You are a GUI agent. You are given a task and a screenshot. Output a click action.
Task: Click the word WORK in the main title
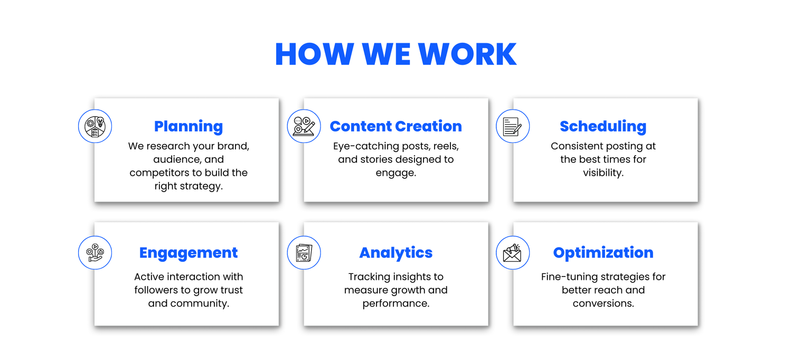467,54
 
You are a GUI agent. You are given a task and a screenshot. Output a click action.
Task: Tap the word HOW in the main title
314,54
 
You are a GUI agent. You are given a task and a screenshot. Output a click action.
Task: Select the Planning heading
188,127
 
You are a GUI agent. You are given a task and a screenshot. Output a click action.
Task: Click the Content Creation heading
395,126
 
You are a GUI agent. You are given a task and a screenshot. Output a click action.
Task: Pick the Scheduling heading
603,127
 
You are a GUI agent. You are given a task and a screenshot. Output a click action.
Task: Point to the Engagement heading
188,253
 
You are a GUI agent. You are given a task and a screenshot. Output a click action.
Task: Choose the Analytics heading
395,253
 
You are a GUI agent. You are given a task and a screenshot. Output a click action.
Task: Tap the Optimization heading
603,253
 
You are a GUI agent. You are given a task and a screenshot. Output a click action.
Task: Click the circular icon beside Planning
95,126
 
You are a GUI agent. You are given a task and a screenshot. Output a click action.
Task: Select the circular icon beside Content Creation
304,126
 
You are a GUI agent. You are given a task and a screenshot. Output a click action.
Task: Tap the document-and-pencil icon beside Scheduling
513,126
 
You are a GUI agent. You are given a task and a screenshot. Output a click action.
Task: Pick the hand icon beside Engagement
95,253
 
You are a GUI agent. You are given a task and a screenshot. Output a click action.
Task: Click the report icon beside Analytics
304,253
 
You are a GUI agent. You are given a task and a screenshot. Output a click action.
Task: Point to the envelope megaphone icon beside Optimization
513,253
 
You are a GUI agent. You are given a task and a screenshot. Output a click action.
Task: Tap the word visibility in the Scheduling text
603,173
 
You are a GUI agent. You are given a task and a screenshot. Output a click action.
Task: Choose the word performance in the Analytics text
395,304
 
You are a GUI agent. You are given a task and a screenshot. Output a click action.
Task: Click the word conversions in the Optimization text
603,304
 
